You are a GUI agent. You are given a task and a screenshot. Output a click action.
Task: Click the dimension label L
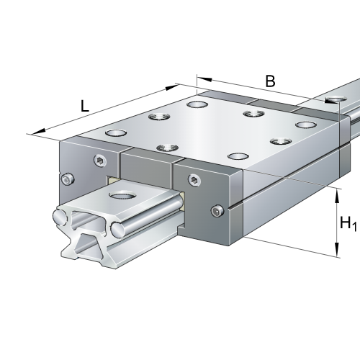pyautogui.click(x=84, y=106)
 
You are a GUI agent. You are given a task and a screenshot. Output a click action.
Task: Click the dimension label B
pyautogui.click(x=270, y=81)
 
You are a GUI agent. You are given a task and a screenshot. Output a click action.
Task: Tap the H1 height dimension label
pyautogui.click(x=348, y=224)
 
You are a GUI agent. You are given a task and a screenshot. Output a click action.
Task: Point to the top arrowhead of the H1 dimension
pyautogui.click(x=337, y=192)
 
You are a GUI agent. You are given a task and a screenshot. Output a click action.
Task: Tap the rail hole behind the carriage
pyautogui.click(x=336, y=98)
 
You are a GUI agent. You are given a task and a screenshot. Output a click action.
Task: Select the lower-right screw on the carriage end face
pyautogui.click(x=219, y=210)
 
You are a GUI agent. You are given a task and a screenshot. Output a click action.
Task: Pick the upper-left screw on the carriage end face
pyautogui.click(x=98, y=160)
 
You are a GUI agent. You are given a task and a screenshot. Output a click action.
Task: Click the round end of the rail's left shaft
pyautogui.click(x=58, y=215)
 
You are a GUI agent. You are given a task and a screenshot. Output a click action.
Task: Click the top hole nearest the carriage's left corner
pyautogui.click(x=114, y=133)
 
